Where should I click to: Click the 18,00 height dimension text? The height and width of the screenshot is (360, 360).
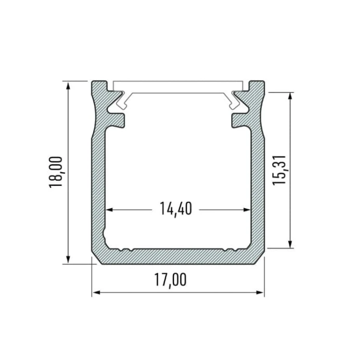click(55, 172)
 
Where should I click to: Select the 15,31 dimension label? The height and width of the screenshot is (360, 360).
click(279, 170)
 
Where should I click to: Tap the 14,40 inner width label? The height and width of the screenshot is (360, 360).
click(176, 209)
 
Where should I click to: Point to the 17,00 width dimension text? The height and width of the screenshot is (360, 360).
click(170, 280)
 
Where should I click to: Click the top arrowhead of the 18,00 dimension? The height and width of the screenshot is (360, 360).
click(68, 85)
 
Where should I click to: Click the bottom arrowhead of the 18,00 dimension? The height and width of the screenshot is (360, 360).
click(68, 259)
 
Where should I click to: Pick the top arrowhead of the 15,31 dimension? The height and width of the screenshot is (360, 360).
click(290, 96)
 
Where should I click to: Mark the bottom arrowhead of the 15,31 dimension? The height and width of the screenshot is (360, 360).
click(290, 244)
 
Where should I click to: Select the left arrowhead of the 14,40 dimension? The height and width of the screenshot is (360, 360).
click(109, 210)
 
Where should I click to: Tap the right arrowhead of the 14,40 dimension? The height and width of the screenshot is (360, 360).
click(247, 210)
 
